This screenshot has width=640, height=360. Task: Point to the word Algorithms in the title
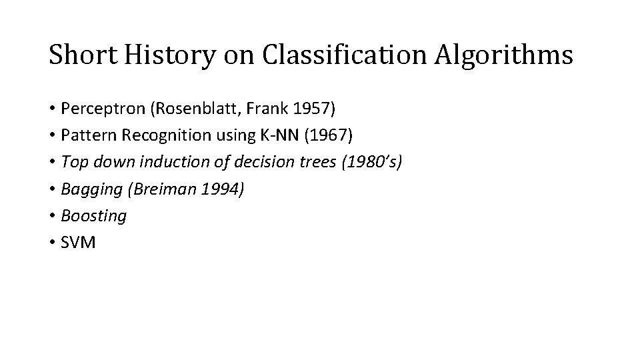tap(504, 55)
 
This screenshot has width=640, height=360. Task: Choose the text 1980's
tap(369, 162)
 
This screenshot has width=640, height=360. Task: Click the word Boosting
tap(93, 215)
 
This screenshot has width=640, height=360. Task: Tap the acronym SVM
tap(79, 242)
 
